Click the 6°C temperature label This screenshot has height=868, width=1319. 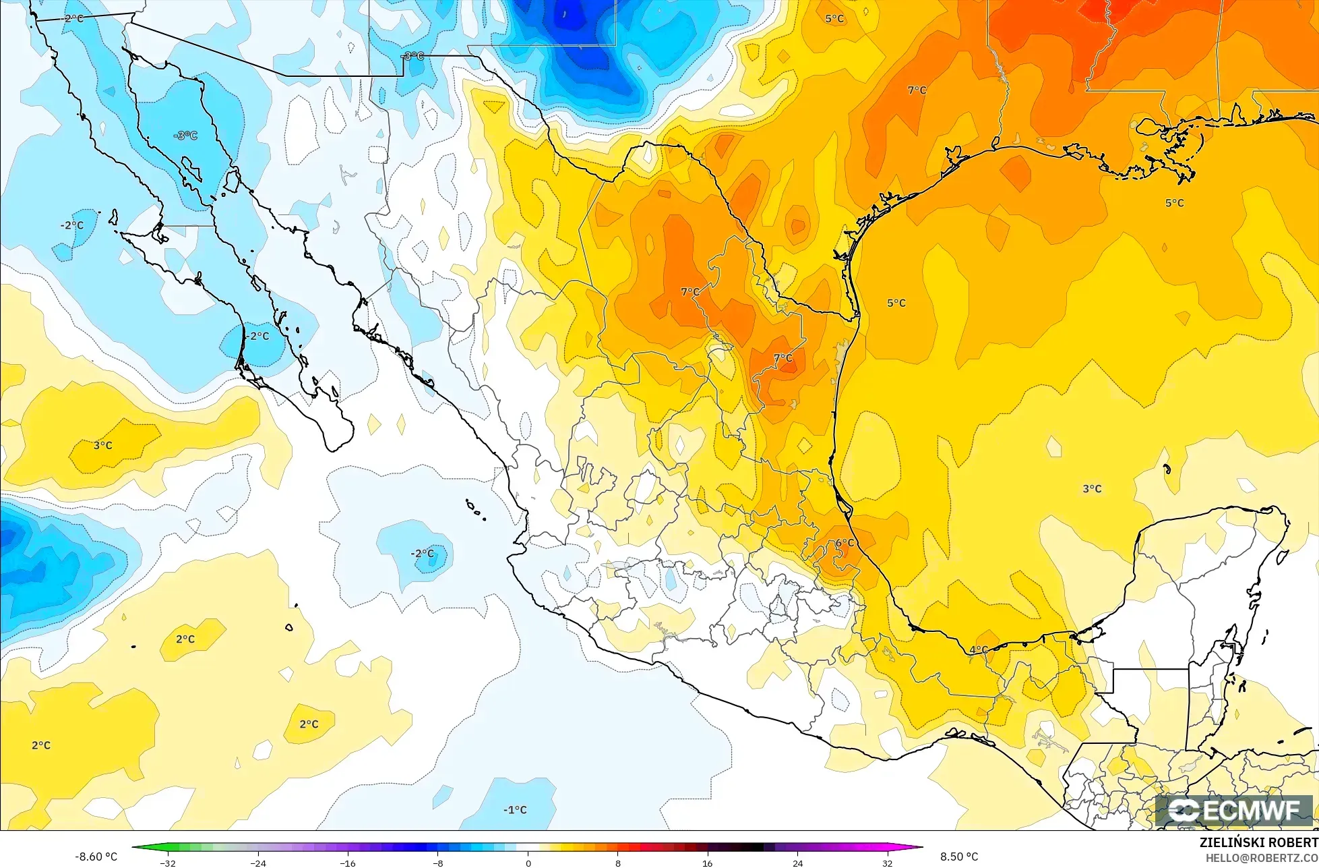(845, 543)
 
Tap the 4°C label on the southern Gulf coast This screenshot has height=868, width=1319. (979, 650)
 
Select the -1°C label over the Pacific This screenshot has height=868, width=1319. (516, 810)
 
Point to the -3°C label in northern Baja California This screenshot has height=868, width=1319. (185, 136)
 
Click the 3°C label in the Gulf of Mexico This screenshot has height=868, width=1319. (1092, 489)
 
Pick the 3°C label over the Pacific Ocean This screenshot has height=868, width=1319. (102, 446)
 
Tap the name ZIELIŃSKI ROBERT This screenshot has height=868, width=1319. (1258, 843)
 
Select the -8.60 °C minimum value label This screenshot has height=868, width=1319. (96, 857)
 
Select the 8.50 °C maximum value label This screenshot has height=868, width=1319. (959, 857)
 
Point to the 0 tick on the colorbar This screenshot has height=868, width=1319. (528, 863)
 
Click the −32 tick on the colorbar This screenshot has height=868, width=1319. (168, 863)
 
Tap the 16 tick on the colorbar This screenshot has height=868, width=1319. (708, 863)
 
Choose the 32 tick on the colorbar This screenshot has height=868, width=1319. (887, 863)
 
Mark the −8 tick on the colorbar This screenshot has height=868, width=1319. (437, 863)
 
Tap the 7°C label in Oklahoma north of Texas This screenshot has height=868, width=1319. (917, 90)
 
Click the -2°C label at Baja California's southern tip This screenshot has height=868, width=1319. (257, 336)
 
